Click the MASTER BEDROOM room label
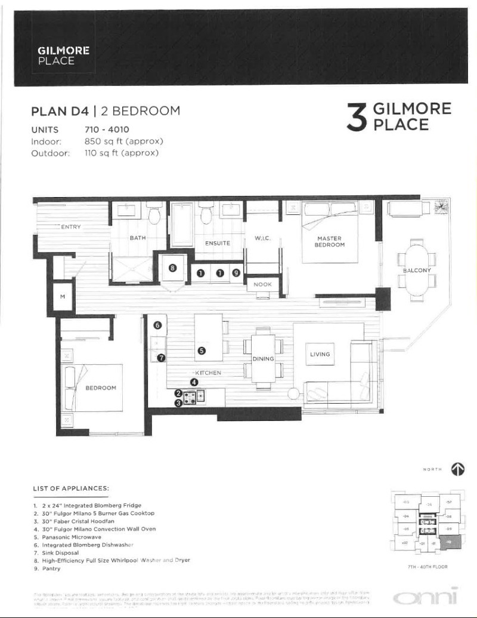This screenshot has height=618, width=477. coord(330,241)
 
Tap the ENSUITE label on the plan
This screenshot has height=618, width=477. coord(218,244)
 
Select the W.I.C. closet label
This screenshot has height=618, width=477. coord(263,239)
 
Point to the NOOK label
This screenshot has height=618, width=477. coord(262,285)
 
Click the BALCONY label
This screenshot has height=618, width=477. coord(417,270)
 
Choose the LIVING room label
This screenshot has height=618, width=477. coord(320,354)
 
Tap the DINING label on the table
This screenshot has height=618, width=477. coord(263,359)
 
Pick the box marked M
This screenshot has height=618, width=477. coord(62,297)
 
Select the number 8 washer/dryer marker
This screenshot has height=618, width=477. coord(172,268)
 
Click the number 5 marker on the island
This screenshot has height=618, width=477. coord(202,351)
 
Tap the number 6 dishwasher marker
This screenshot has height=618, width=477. coord(158,325)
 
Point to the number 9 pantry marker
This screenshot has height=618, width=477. coord(236,273)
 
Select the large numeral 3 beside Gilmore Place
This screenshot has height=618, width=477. coord(357,118)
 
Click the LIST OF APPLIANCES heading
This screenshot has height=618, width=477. coord(70,488)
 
